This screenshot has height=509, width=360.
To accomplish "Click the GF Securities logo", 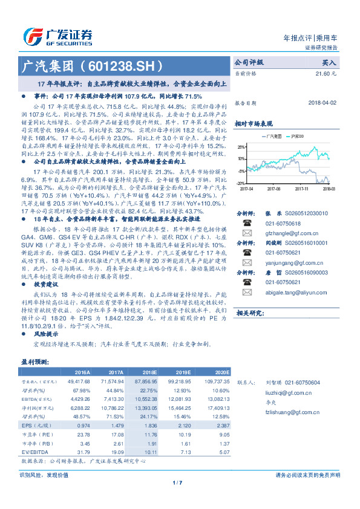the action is point(57,36).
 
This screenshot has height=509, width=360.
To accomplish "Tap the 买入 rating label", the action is point(329,62).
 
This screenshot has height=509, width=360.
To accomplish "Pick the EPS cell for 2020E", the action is point(218,425).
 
